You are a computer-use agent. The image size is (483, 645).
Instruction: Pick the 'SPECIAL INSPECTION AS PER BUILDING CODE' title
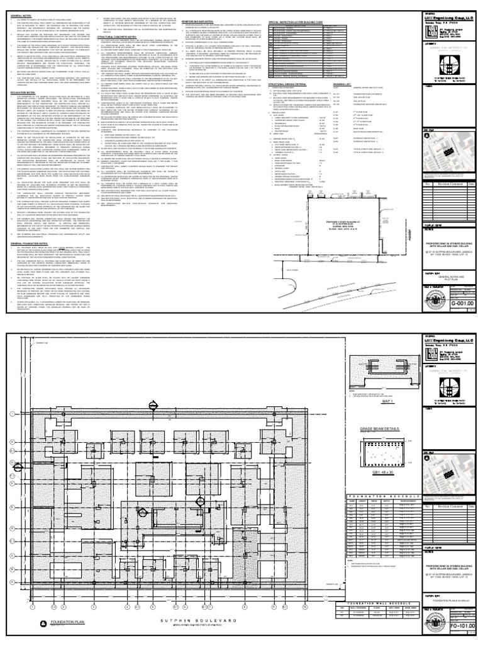coord(301,13)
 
